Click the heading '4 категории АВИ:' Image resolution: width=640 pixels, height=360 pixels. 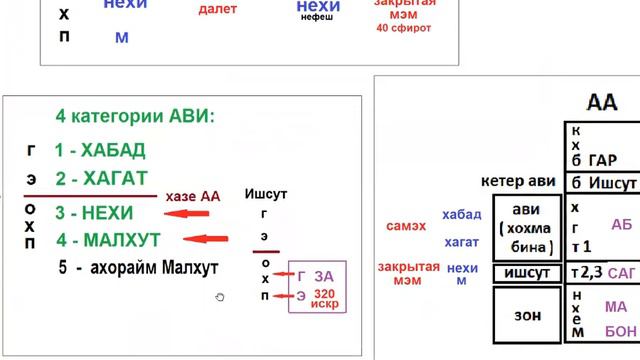tap(136, 116)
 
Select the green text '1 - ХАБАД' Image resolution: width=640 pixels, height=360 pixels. tap(100, 151)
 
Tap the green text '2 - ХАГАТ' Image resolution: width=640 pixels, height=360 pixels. tap(101, 178)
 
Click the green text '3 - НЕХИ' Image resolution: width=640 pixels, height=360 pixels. tap(96, 213)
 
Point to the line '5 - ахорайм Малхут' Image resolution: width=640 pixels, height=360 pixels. tap(138, 268)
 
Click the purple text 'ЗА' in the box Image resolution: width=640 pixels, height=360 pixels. tap(324, 275)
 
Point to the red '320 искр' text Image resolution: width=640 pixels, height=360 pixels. tap(324, 299)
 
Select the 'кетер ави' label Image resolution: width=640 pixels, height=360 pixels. tap(517, 183)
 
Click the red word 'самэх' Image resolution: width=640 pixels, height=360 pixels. tap(406, 226)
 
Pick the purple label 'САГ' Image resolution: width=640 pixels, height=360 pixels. tap(620, 273)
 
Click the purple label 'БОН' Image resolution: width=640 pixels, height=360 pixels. tap(619, 331)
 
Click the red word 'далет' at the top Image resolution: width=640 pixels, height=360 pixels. tap(218, 9)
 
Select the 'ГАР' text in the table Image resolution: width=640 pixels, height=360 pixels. tap(604, 160)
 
